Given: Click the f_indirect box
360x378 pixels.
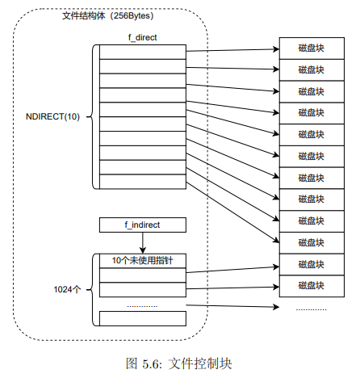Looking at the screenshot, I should tap(142, 225).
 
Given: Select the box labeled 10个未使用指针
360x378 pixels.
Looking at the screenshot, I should tap(142, 260).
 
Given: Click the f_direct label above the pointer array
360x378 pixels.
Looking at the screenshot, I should tap(142, 37).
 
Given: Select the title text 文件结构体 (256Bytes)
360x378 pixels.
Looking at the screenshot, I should tap(110, 15).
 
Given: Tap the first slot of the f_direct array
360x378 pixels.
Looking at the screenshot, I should tap(142, 52).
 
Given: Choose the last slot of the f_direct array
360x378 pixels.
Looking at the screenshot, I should tap(142, 182).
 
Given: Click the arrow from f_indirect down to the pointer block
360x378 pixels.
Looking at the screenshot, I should tap(142, 242).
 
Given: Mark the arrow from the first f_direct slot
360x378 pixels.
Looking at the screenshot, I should tap(232, 50).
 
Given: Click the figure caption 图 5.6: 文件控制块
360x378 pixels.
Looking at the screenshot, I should tap(179, 363).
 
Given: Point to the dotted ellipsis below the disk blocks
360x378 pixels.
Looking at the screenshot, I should tap(311, 309).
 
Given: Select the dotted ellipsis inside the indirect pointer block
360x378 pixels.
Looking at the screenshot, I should tap(142, 304).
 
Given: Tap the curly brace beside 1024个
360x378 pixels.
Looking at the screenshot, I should tap(91, 288).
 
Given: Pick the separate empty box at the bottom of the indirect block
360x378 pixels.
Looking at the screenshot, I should tap(142, 317).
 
